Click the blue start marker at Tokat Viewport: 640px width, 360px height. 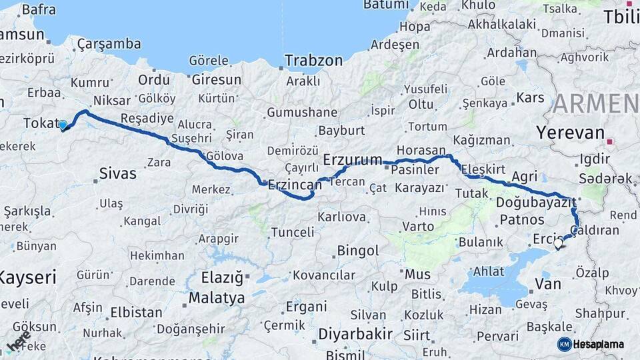click(63, 125)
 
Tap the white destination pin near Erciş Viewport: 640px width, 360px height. click(558, 244)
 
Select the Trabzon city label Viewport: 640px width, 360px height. click(313, 61)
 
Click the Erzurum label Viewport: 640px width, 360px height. click(353, 159)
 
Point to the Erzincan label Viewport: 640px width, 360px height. click(294, 186)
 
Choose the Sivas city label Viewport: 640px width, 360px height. click(117, 173)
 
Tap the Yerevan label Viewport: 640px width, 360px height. click(570, 132)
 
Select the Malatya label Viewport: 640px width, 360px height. click(217, 297)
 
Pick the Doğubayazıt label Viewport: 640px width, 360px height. click(536, 201)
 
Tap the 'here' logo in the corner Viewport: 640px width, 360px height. click(19, 341)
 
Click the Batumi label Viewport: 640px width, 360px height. click(385, 5)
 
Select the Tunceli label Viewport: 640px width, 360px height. click(292, 232)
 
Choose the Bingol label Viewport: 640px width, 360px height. click(358, 251)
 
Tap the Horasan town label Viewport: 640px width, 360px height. click(421, 150)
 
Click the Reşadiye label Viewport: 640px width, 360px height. click(147, 118)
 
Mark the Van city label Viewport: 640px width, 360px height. click(548, 285)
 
